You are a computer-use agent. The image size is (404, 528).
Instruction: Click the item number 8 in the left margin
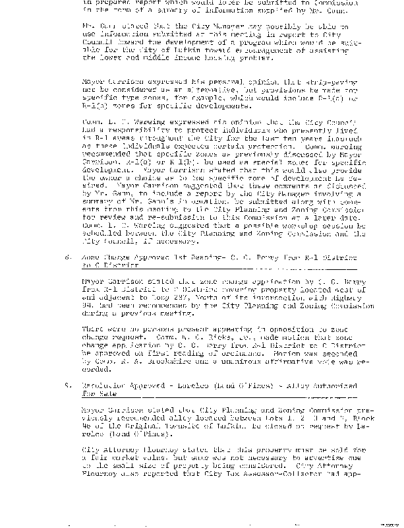tap(59, 255)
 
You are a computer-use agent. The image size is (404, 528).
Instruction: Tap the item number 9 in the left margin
tap(59, 384)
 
